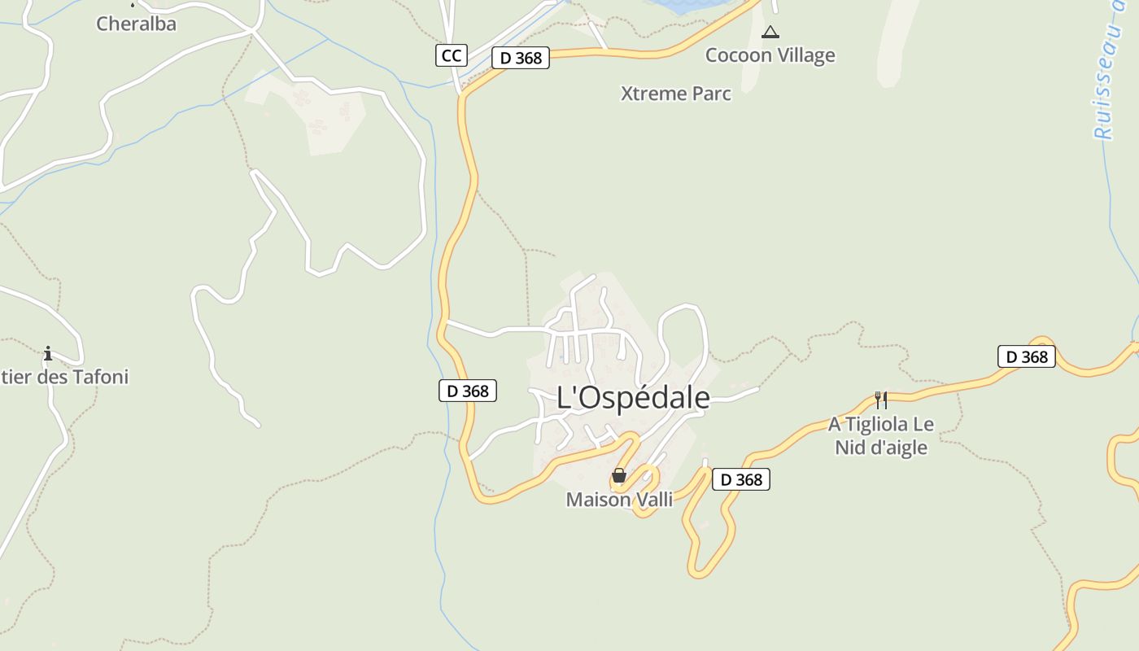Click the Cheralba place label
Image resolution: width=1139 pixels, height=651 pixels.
(136, 24)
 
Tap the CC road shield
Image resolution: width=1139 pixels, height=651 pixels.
(451, 55)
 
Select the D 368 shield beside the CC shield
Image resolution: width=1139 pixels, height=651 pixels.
(521, 58)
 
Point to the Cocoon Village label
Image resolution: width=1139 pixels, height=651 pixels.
(770, 55)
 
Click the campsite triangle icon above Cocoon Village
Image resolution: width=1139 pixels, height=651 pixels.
(770, 33)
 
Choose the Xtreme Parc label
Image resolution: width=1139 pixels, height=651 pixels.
(675, 94)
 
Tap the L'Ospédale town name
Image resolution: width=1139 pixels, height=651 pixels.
(633, 398)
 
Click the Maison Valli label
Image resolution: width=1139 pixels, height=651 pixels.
(619, 500)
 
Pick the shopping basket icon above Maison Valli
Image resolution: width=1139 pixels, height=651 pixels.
(619, 475)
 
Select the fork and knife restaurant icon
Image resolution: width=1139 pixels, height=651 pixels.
(880, 400)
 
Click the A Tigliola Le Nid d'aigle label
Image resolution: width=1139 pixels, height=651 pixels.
(881, 435)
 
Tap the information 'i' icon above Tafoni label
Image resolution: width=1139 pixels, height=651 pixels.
(48, 353)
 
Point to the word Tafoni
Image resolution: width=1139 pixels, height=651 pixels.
(101, 378)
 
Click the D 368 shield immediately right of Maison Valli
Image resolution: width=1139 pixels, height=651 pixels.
(740, 479)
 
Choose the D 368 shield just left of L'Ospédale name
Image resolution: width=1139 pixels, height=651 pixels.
(467, 391)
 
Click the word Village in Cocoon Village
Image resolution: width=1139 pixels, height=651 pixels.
(804, 55)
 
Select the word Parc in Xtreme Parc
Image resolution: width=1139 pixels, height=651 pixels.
(710, 94)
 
